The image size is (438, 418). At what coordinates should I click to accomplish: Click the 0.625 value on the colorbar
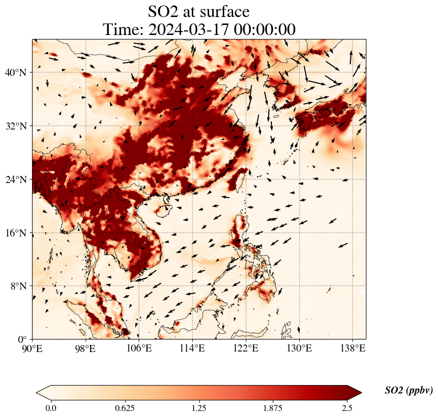(x=125, y=408)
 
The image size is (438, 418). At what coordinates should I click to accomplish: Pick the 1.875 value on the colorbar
(x=273, y=408)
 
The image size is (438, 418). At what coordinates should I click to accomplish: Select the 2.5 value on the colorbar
(x=347, y=408)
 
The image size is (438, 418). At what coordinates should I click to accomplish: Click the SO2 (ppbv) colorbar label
(x=408, y=390)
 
